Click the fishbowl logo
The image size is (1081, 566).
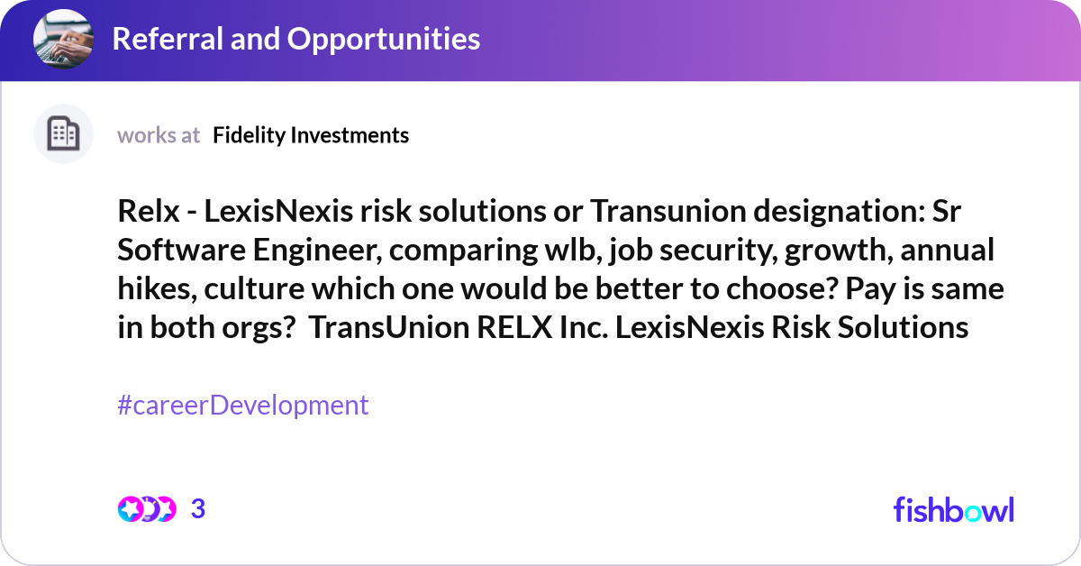[x=953, y=509]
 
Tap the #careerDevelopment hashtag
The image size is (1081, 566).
[x=243, y=405]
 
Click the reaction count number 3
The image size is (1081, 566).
[x=198, y=509]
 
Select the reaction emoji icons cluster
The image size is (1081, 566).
[x=146, y=509]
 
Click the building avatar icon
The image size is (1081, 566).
[x=63, y=134]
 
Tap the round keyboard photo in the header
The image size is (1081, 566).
[x=63, y=39]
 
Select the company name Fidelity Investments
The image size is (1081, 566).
[x=311, y=135]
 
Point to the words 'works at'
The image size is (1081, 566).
[x=159, y=135]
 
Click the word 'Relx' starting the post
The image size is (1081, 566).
[x=146, y=213]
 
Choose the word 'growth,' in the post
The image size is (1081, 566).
[x=826, y=251]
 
